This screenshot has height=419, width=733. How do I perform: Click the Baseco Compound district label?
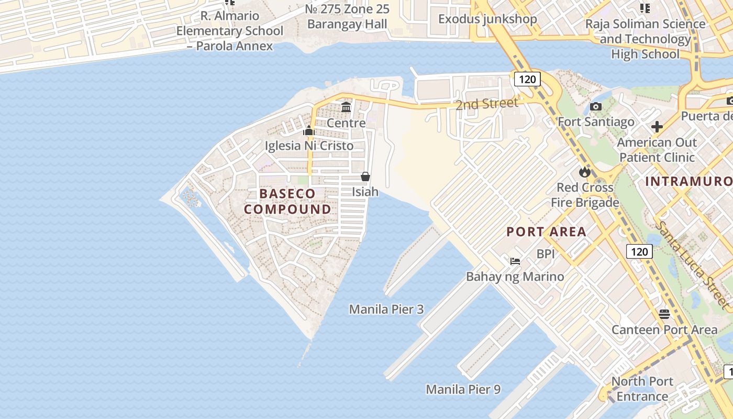coord(287,202)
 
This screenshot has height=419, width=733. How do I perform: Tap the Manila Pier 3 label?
coord(386,309)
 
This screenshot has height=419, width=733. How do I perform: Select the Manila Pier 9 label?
coord(463,389)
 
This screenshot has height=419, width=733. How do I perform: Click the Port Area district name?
coord(546,231)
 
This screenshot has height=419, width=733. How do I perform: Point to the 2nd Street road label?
coord(486,104)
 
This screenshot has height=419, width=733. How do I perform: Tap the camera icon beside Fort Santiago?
coord(595,107)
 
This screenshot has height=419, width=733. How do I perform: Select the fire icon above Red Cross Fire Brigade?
coord(584,172)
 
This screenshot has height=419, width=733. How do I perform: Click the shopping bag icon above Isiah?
coord(365,177)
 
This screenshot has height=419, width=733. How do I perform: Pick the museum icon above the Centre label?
coord(346,108)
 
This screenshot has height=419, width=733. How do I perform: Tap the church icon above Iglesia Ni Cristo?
coord(309,130)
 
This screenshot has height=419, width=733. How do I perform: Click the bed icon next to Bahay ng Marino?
coord(515,261)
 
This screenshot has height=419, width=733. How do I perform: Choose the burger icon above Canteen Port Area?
coord(664,314)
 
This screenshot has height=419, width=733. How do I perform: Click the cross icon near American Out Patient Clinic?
coord(657,127)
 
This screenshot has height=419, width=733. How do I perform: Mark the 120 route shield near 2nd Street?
coord(527,79)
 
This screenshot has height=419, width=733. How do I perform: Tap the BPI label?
coord(546,254)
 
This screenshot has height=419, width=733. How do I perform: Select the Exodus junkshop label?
coord(487,19)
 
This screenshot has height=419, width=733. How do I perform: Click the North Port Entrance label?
coord(642,389)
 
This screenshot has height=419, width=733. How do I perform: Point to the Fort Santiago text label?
coord(596,122)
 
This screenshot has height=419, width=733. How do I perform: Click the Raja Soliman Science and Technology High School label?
coord(645,39)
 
